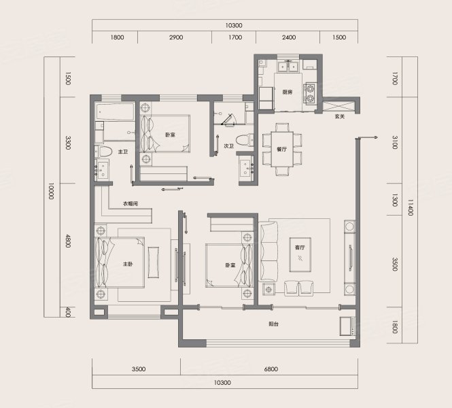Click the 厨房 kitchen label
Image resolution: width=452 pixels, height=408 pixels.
[x=288, y=92]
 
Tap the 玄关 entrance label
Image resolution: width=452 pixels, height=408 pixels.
[x=340, y=116]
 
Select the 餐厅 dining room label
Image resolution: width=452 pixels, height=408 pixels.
[x=281, y=150]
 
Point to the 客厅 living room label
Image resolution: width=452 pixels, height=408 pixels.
[x=300, y=248]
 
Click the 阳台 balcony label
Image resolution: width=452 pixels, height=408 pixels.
[x=273, y=324]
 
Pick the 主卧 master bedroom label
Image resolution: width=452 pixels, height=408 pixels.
[x=128, y=264]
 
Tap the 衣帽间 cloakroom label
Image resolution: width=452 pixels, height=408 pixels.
[x=131, y=203]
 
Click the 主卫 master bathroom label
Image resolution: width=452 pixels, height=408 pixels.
[x=123, y=152]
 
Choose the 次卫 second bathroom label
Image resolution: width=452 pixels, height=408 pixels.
[x=228, y=146]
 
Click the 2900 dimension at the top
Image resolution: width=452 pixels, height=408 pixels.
[x=176, y=37]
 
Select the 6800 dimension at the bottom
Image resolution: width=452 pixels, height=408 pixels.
[x=271, y=369]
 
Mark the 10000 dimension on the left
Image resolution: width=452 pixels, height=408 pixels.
[x=51, y=191]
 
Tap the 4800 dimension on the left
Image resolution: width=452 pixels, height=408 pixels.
[x=68, y=241]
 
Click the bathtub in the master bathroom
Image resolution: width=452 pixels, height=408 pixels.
[x=115, y=112]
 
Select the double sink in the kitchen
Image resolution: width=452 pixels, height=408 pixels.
[x=288, y=67]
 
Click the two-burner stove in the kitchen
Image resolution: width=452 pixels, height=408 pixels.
[x=310, y=93]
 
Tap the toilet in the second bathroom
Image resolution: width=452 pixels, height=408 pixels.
[x=245, y=141]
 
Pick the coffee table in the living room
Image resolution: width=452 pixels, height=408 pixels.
[x=300, y=254]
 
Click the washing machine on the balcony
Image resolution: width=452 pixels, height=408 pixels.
[x=347, y=326]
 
